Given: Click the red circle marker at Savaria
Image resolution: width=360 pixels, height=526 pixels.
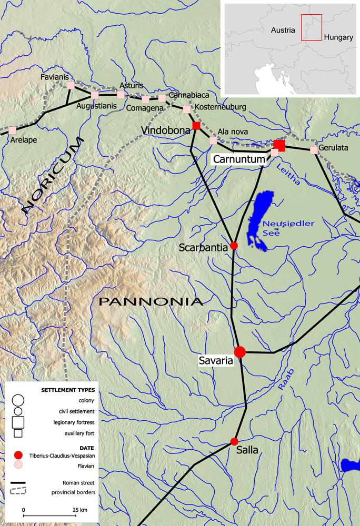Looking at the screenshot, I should coord(240,352).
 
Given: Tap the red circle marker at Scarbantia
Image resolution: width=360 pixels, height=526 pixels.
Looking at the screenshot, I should coord(234,246).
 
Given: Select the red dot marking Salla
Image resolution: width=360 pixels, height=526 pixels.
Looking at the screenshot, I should coord(234,441).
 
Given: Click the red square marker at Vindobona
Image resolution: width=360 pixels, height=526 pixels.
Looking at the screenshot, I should coord(196,125).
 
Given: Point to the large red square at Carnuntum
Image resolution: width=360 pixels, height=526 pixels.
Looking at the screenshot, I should coord(279,145).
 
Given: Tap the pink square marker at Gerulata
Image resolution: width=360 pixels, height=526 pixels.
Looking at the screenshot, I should coord(314,150).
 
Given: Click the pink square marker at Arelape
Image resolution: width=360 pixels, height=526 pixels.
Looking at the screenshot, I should coord(12,129).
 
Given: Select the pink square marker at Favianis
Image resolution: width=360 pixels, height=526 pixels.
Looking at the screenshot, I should coord(70,86).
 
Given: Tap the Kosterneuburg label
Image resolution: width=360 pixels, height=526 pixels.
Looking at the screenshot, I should coord(221,107).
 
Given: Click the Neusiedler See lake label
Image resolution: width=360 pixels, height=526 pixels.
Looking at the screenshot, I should coord(288,228).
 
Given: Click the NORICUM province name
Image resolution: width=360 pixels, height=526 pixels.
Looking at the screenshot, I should coord(53,176).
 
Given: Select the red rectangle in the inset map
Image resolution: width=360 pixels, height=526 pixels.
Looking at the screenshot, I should coord(311,27).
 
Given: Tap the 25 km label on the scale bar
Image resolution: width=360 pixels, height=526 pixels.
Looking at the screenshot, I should coord(80,510).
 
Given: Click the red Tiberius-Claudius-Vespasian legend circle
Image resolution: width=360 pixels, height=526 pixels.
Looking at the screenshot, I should coord(18,454).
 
